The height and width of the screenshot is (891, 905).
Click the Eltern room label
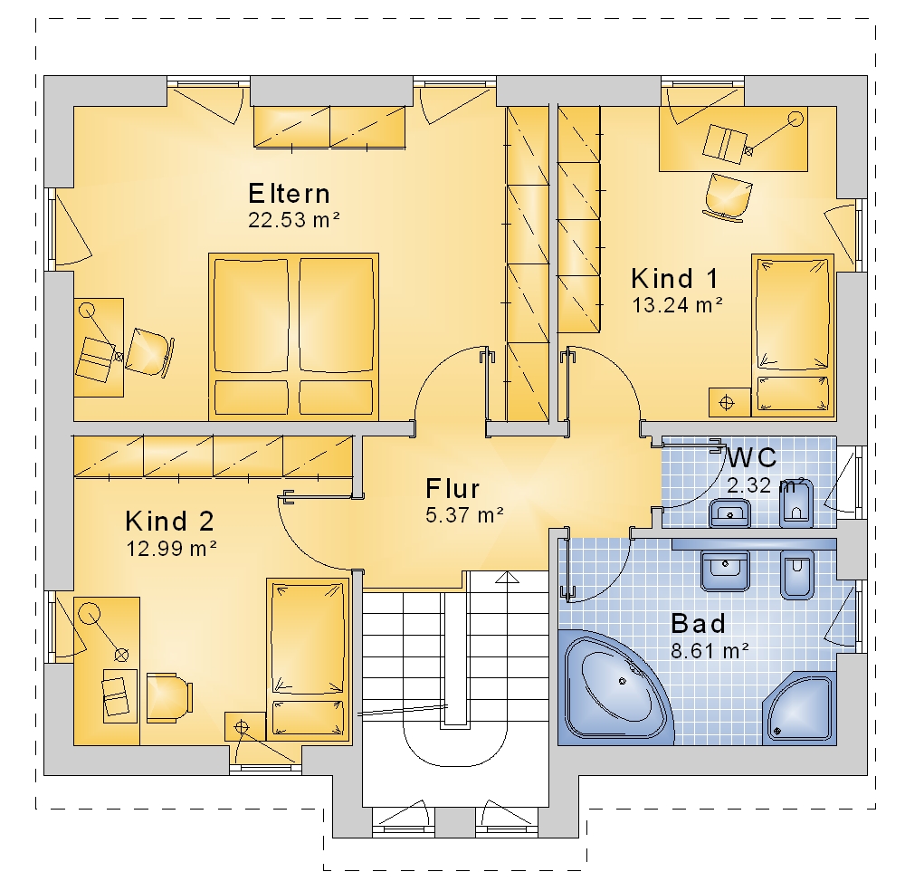click(290, 194)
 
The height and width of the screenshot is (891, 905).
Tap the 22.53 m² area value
click(294, 220)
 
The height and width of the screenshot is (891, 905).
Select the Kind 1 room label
click(675, 278)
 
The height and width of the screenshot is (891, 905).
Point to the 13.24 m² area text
click(678, 305)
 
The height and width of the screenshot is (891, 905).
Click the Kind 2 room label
click(170, 521)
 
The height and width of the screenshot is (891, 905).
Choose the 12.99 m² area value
click(171, 548)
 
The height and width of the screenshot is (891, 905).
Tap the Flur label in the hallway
click(452, 489)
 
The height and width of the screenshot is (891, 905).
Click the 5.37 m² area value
click(464, 514)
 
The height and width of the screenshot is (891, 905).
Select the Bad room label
click(699, 624)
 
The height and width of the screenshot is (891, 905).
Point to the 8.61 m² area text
click(710, 651)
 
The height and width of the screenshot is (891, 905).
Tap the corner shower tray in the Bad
click(799, 707)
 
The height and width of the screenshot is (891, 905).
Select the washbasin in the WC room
click(729, 513)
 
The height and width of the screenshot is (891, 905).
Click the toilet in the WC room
click(796, 503)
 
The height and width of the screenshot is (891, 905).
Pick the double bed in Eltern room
click(294, 337)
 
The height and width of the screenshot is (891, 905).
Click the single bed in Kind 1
click(793, 335)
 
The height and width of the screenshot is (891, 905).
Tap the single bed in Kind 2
click(309, 659)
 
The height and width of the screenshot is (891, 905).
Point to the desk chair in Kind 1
click(728, 196)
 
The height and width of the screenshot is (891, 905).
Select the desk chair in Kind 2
click(169, 697)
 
